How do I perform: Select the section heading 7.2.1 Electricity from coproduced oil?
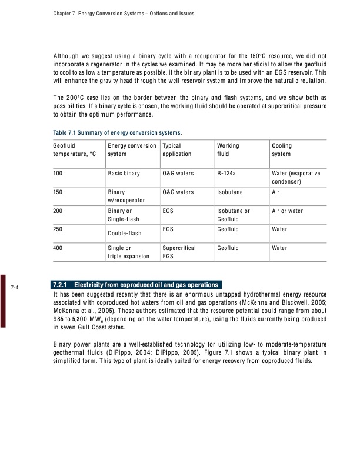pyautogui.click(x=136, y=285)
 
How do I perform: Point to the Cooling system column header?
pyautogui.click(x=282, y=149)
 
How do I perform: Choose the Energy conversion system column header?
pyautogui.click(x=131, y=149)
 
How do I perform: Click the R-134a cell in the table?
pyautogui.click(x=228, y=174)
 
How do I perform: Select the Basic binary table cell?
pyautogui.click(x=124, y=174)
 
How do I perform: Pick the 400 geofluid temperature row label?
pyautogui.click(x=58, y=249)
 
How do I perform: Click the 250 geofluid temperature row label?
pyautogui.click(x=58, y=229)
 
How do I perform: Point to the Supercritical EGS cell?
pyautogui.click(x=179, y=253)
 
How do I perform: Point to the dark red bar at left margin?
pyautogui.click(x=2, y=299)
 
